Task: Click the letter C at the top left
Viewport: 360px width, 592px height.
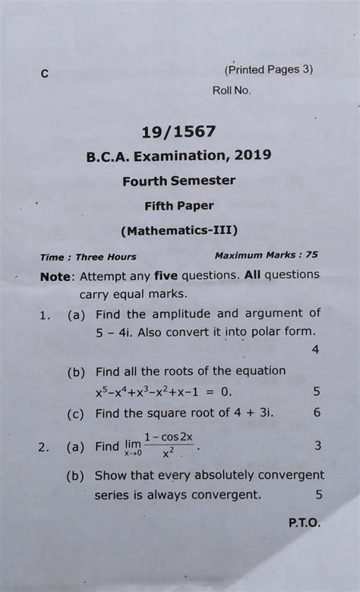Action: pyautogui.click(x=45, y=74)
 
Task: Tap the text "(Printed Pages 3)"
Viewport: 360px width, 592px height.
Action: pyautogui.click(x=269, y=69)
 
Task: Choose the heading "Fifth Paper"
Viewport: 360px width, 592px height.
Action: pyautogui.click(x=179, y=205)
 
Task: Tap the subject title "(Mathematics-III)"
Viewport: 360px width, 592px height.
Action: pyautogui.click(x=179, y=230)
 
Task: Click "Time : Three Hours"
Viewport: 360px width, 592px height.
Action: pyautogui.click(x=88, y=257)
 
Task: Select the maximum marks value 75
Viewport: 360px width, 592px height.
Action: pyautogui.click(x=311, y=255)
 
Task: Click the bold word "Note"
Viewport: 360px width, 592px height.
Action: pyautogui.click(x=56, y=276)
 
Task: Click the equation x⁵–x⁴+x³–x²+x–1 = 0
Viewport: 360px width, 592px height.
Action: pyautogui.click(x=163, y=392)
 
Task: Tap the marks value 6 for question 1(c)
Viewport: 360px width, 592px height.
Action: pyautogui.click(x=317, y=413)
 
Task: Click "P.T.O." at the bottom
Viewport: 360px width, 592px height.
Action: pyautogui.click(x=304, y=524)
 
